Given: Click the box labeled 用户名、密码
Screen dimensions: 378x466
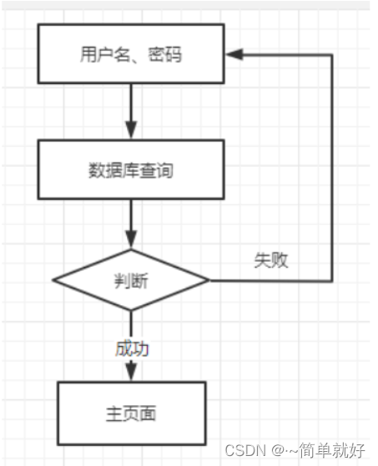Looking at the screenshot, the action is coord(131,54).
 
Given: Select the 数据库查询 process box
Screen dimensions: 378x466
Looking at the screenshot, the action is coord(131,169).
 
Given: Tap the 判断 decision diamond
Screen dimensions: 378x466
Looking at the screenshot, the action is coord(131,280).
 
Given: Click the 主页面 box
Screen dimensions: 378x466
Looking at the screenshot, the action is coord(132,413).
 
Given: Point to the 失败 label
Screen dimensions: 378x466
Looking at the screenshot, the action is coord(271,260).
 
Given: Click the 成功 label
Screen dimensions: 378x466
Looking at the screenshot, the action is coord(132,348).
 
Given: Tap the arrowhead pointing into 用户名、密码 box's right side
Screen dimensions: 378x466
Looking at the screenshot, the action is coord(234,54).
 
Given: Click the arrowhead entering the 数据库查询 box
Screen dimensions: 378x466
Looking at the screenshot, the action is coord(131,130).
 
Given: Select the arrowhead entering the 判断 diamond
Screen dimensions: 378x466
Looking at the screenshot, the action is coord(131,240).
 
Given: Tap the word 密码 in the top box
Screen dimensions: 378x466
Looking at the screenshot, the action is coord(164,54).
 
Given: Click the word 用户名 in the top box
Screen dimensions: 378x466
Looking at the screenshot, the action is coord(105,54).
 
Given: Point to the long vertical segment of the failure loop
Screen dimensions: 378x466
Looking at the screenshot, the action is coord(331,168).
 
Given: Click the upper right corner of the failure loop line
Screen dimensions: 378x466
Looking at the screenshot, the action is coord(331,55).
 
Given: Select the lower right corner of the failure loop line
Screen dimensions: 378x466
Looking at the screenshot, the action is coord(331,281).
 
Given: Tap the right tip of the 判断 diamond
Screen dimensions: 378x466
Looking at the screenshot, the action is coord(209,280).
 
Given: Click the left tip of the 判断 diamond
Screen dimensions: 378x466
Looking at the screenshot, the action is coord(53,280).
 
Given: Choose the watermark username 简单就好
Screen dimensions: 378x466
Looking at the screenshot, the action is coord(331,450).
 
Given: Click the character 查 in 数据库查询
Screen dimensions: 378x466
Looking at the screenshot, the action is coord(147,170).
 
